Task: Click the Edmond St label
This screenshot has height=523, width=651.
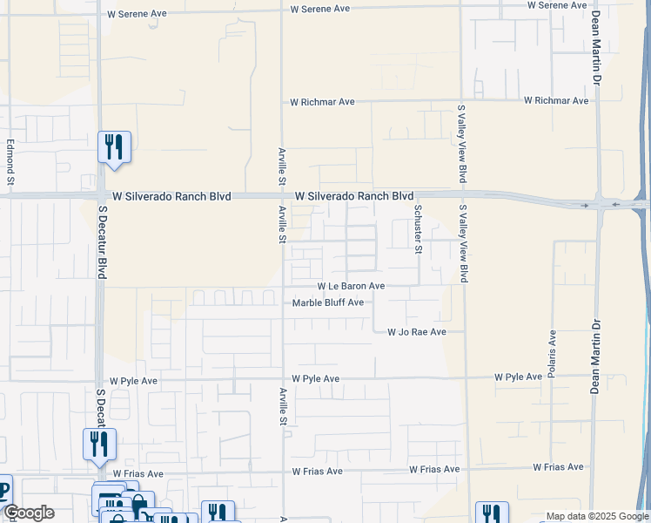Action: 11,163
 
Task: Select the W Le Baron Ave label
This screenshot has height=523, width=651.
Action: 351,286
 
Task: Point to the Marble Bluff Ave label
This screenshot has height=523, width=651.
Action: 327,303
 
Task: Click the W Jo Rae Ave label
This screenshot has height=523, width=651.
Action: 417,332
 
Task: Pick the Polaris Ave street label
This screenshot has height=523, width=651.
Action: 552,356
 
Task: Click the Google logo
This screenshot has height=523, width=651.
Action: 28,513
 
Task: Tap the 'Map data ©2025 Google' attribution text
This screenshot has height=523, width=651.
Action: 596,516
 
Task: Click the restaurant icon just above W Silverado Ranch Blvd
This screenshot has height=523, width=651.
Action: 114,146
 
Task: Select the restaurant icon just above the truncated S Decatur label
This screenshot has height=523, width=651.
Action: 100,444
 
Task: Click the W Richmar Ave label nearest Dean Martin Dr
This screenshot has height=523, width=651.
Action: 556,101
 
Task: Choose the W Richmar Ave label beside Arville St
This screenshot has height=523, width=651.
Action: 322,102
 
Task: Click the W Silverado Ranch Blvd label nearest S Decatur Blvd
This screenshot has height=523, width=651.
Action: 165,197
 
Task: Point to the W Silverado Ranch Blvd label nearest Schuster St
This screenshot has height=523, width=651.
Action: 354,197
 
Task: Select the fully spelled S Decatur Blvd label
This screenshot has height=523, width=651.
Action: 102,242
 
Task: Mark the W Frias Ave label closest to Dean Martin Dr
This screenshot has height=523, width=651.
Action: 557,468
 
